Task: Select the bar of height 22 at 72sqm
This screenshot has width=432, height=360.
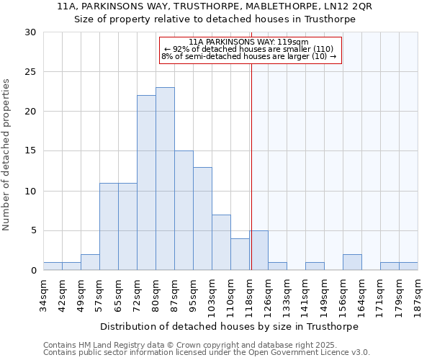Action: click(x=146, y=183)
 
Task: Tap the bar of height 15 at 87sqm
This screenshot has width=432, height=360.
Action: click(x=184, y=210)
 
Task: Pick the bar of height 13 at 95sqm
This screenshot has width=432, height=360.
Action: click(x=202, y=218)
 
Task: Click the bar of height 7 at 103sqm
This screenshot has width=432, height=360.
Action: click(x=221, y=242)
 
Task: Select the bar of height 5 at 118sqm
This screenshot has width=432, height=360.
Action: click(x=258, y=250)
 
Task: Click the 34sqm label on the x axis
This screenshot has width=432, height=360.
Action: click(x=44, y=295)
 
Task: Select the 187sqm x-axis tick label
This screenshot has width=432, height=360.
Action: click(x=418, y=295)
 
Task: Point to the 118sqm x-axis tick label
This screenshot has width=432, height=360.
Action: click(x=250, y=295)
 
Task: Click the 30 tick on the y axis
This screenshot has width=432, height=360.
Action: click(x=30, y=32)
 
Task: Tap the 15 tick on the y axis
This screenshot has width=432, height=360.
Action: click(x=30, y=151)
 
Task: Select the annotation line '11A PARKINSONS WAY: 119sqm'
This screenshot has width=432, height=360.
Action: click(x=249, y=42)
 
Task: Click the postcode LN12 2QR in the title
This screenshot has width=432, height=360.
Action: click(x=348, y=6)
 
